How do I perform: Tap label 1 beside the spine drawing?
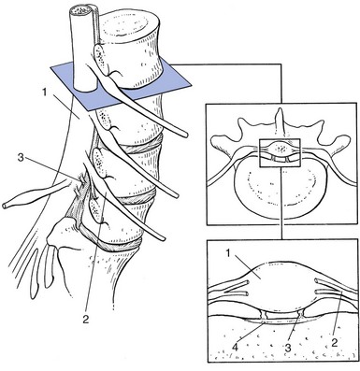[x=46, y=93]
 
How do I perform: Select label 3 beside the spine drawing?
[x=21, y=158]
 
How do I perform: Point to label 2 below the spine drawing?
[x=85, y=320]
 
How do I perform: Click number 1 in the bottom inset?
[x=228, y=253]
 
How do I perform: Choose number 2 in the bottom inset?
[x=334, y=343]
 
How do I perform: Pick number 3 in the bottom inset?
[x=288, y=348]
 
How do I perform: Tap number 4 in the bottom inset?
[x=236, y=348]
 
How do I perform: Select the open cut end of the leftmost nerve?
[x=5, y=206]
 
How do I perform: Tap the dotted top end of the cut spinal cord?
[x=80, y=10]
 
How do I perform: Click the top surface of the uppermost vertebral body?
[x=131, y=25]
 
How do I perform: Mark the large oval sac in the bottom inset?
[x=279, y=286]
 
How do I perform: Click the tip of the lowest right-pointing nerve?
[x=163, y=238]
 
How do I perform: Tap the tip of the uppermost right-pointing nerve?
[x=186, y=135]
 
